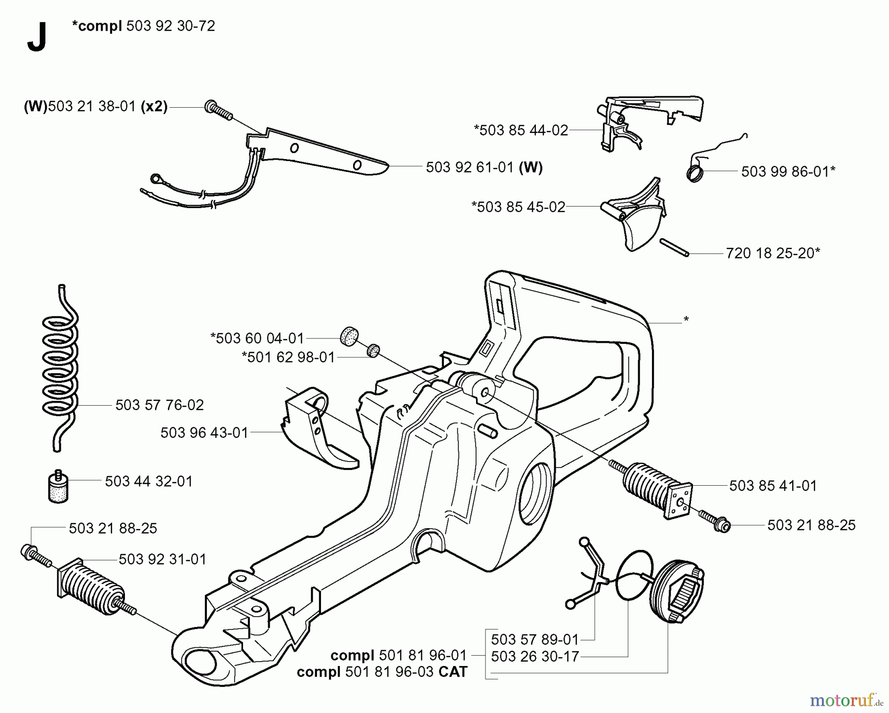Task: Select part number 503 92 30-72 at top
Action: (170, 26)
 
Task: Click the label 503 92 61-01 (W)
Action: (484, 168)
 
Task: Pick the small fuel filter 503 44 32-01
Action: (58, 487)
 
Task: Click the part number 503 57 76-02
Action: (159, 405)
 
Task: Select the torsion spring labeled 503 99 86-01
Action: (695, 173)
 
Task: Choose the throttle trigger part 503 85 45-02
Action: (635, 217)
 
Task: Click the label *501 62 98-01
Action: (288, 357)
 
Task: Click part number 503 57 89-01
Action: (534, 640)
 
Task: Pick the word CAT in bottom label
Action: (452, 672)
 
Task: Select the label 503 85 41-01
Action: (773, 486)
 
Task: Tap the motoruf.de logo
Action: (846, 700)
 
